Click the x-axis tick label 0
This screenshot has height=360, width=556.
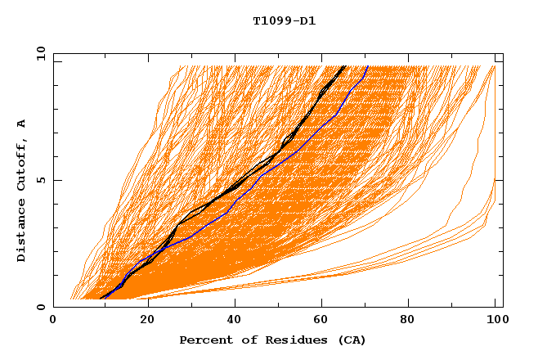[x=53, y=320]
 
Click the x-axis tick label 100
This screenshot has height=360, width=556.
[x=495, y=320]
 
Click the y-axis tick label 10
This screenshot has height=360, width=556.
[x=39, y=53]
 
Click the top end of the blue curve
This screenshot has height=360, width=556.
[x=368, y=66]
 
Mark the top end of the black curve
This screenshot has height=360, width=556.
[x=345, y=66]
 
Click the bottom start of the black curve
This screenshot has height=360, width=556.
[x=100, y=299]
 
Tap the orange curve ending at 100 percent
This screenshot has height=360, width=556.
[x=494, y=67]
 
